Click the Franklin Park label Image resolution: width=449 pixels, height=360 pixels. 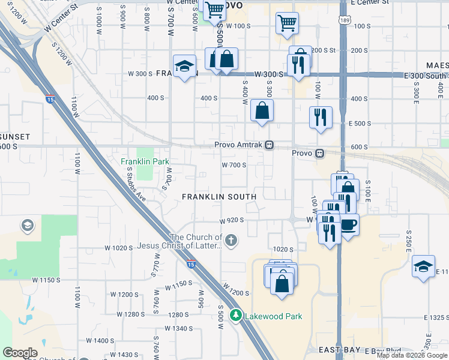tap(145, 161)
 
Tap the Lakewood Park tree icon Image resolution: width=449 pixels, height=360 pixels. tap(237, 316)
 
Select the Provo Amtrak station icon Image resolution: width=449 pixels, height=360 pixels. tap(270, 145)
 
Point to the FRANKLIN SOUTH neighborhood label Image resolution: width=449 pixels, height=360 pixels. tap(219, 196)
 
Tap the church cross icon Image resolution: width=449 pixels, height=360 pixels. tap(231, 241)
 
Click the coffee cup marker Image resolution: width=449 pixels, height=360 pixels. tap(349, 226)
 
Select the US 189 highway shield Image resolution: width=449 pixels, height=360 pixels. tap(343, 21)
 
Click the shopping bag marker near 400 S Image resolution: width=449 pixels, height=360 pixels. tap(262, 111)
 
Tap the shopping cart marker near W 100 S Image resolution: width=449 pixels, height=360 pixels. tap(287, 23)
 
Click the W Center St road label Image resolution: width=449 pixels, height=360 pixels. tap(62, 20)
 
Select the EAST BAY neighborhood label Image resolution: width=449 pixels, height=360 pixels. tap(339, 350)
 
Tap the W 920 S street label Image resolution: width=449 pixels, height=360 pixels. tap(232, 221)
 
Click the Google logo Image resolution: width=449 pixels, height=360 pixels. tap(20, 353)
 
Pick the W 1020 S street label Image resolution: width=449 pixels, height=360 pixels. tap(118, 248)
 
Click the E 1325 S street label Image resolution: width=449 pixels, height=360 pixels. tap(435, 317)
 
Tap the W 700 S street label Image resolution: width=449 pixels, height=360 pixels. tap(234, 165)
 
